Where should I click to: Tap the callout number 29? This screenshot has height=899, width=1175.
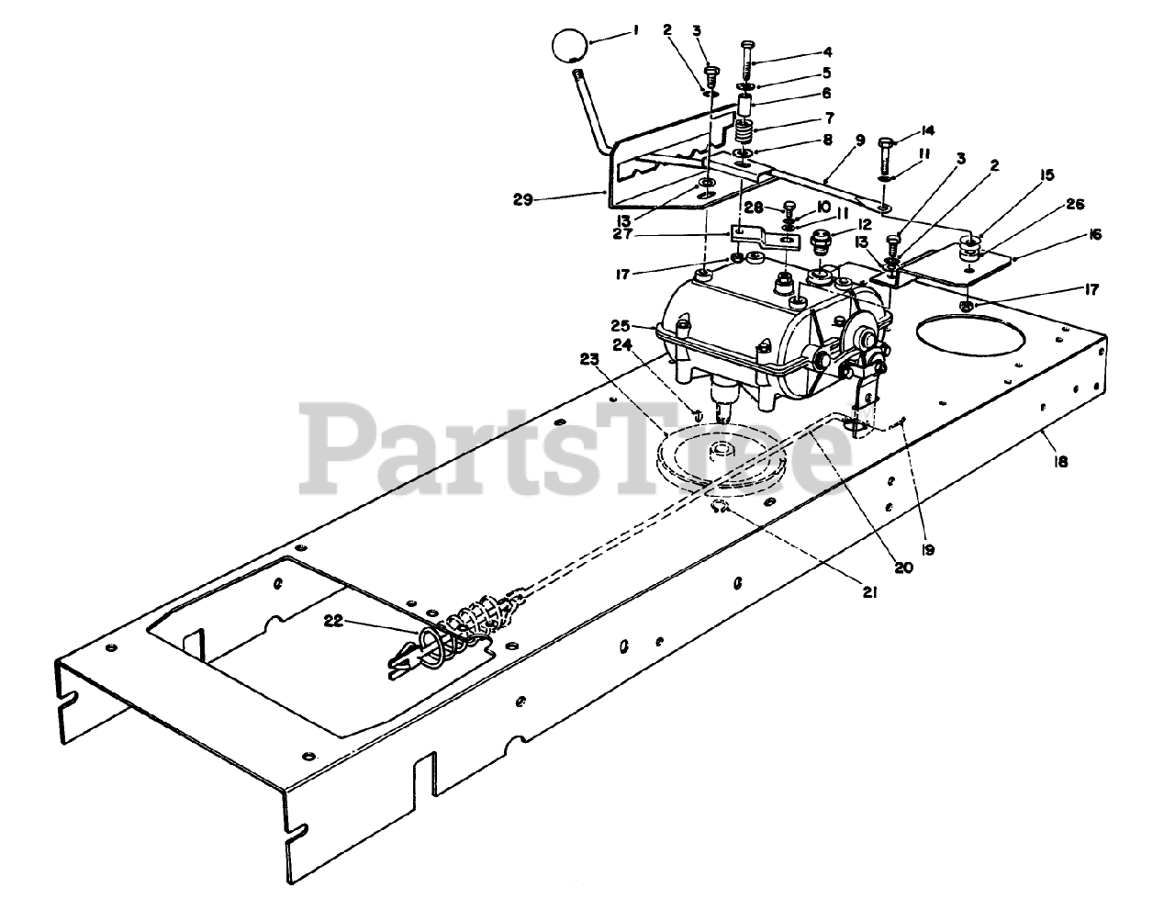523,198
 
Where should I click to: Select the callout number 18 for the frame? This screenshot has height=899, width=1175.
1062,463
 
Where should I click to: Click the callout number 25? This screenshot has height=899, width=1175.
621,325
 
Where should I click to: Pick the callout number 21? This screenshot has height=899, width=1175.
869,593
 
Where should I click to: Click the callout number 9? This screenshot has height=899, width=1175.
859,141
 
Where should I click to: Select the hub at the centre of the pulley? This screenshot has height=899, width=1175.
726,449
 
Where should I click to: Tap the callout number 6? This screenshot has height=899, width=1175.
826,93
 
